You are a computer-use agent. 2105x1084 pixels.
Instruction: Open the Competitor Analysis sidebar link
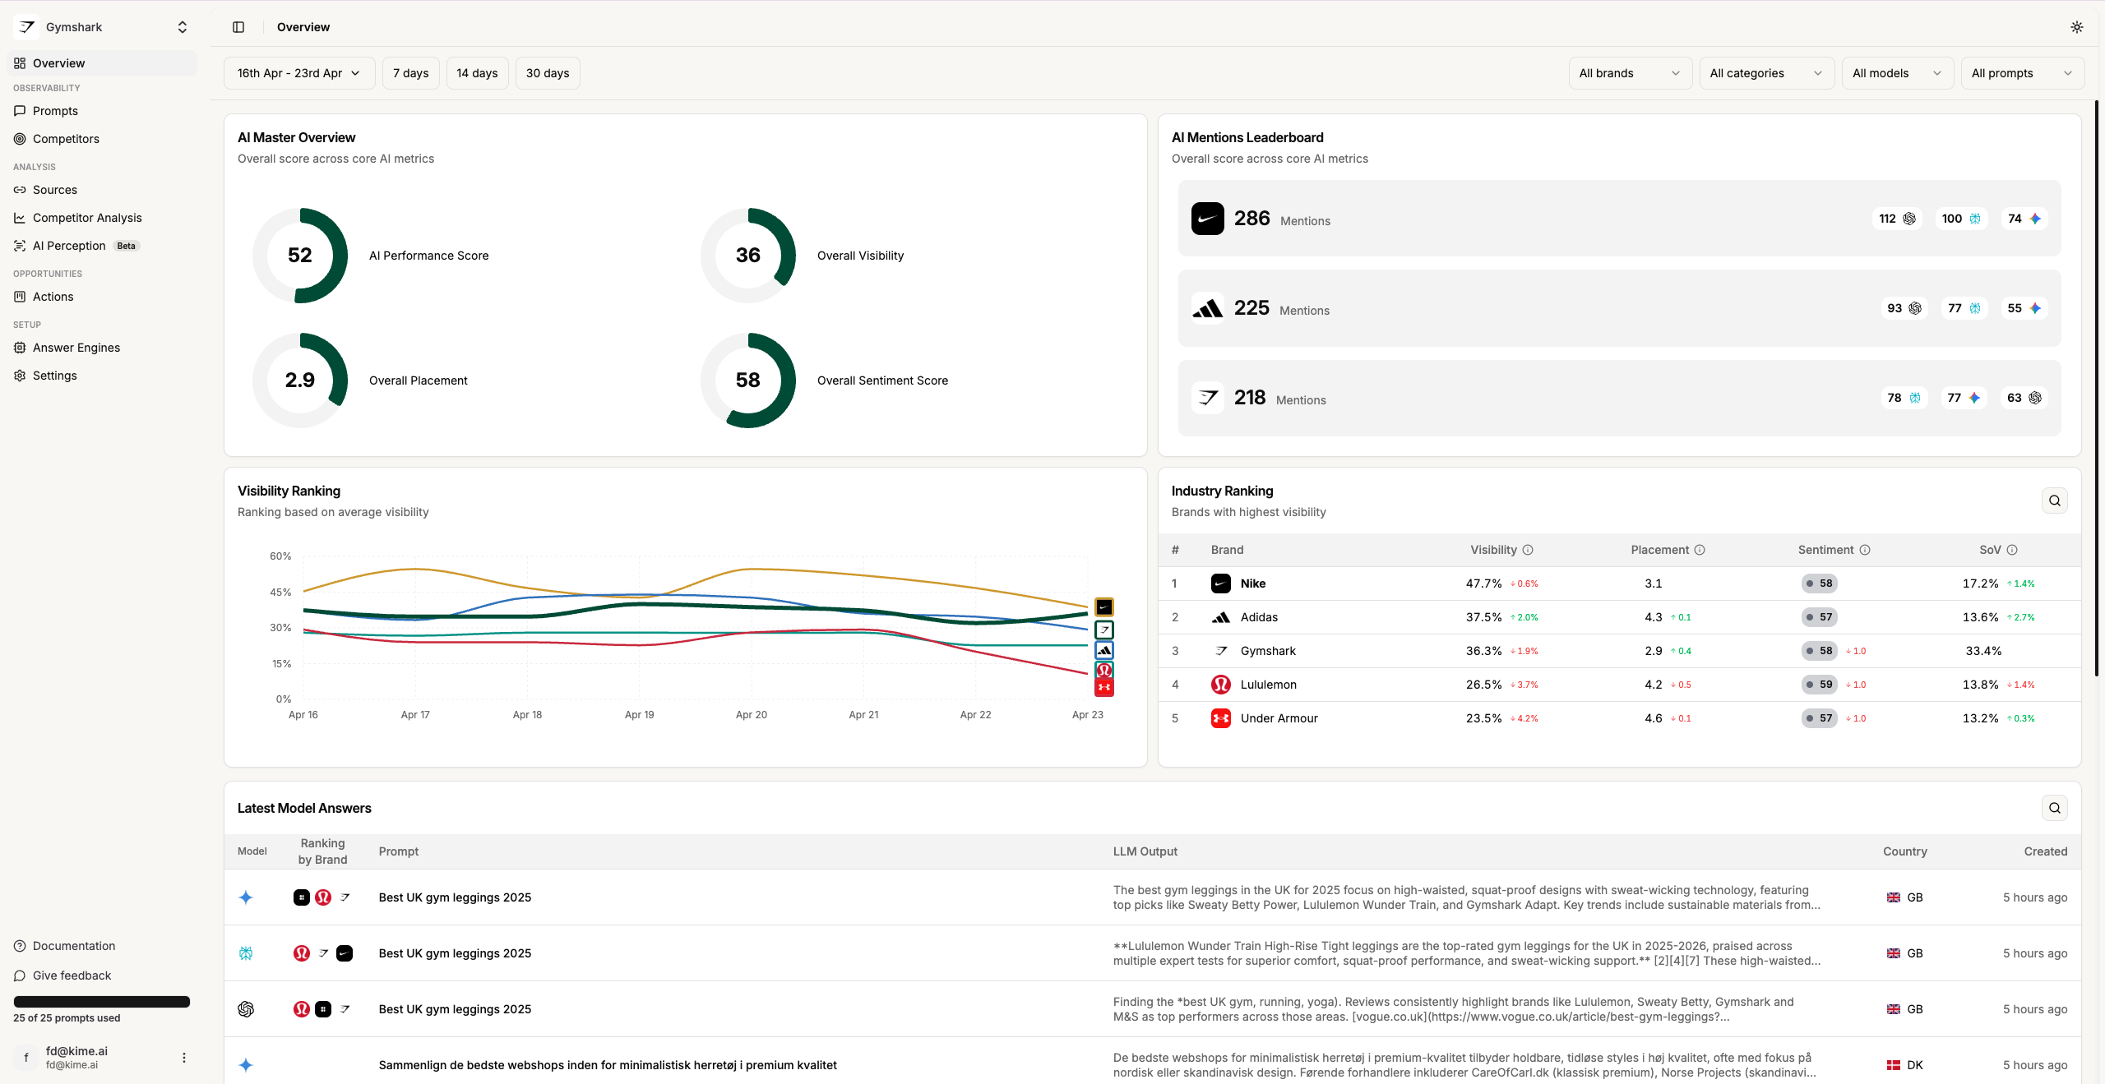click(x=87, y=218)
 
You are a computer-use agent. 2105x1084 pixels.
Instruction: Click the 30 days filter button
click(x=548, y=73)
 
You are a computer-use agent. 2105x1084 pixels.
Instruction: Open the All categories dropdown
click(x=1766, y=73)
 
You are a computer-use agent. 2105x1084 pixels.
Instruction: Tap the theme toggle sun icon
click(x=2076, y=27)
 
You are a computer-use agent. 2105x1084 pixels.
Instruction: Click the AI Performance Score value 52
click(x=300, y=256)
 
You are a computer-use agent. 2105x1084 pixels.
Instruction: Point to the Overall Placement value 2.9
click(x=300, y=381)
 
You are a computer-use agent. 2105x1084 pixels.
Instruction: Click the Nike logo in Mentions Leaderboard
click(x=1208, y=219)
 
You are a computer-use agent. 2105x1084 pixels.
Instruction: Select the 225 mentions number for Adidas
click(x=1251, y=308)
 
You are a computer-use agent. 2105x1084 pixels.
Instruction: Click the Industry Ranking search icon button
click(x=2054, y=500)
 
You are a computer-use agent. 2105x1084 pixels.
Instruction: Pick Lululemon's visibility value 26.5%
click(x=1483, y=685)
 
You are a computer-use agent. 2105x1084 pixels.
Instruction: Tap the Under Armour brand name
click(x=1279, y=718)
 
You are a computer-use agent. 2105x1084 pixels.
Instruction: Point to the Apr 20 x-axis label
click(x=752, y=715)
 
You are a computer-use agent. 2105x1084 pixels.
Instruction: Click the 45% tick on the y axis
click(x=280, y=592)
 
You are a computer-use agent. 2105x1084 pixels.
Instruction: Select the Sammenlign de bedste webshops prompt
click(x=608, y=1065)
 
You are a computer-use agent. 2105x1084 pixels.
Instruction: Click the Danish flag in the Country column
click(x=1893, y=1065)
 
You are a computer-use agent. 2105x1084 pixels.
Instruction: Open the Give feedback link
click(x=72, y=976)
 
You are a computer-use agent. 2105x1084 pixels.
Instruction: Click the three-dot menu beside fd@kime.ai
click(x=184, y=1058)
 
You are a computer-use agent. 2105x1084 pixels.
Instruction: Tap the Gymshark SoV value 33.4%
click(x=1983, y=651)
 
